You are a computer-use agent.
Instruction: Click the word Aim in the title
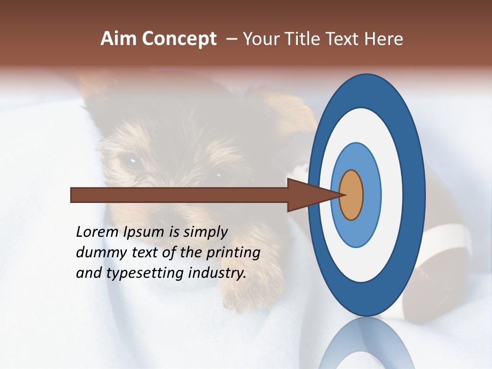(119, 39)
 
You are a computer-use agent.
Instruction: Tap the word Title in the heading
(309, 39)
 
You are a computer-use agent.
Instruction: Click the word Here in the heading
(384, 39)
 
